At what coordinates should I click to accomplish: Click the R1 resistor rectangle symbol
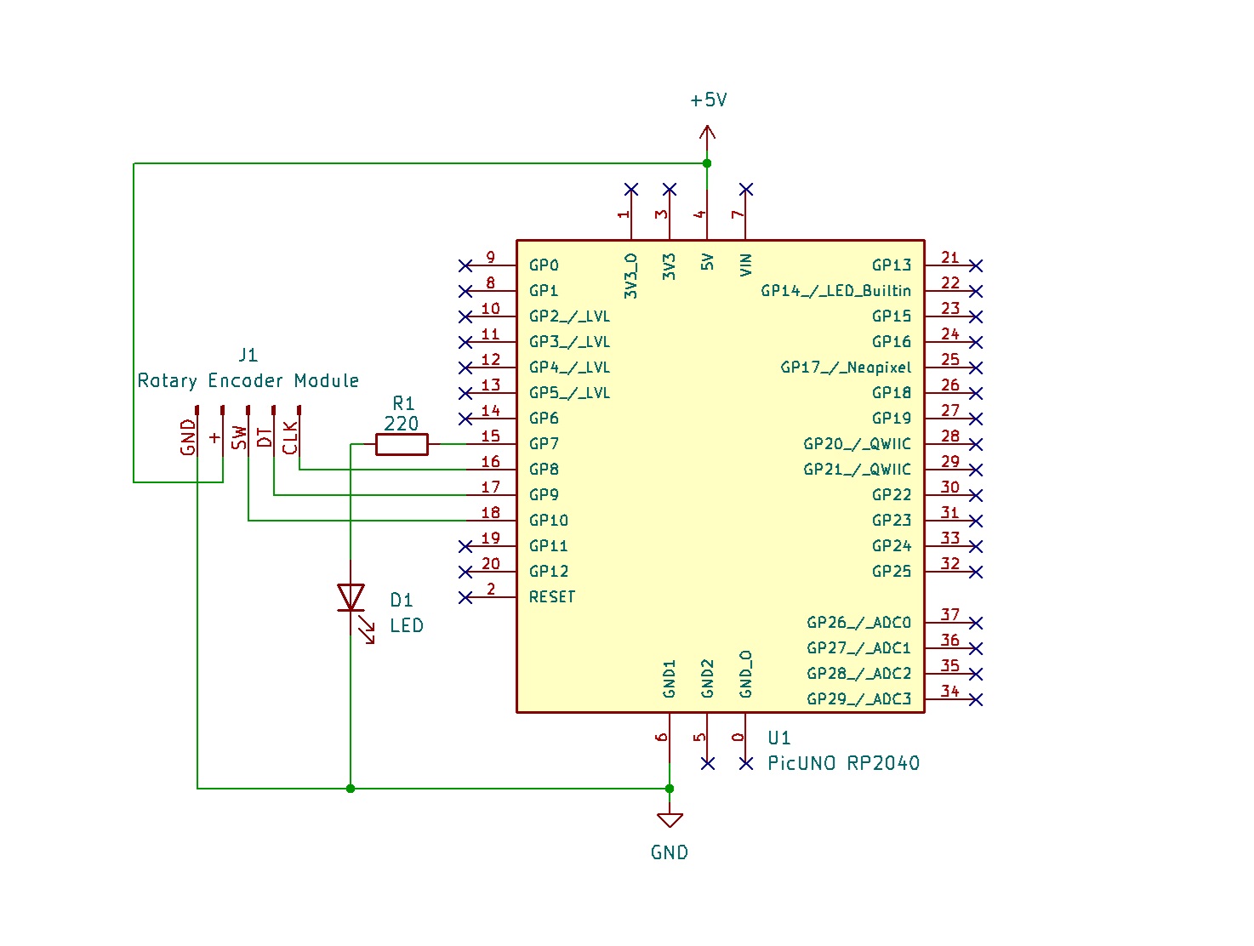[x=402, y=444]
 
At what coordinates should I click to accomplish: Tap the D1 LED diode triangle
[x=351, y=597]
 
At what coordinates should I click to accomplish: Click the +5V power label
[x=708, y=100]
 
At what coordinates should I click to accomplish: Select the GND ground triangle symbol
[x=670, y=820]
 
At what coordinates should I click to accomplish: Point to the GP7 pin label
[x=544, y=444]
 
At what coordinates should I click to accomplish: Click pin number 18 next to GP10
[x=491, y=513]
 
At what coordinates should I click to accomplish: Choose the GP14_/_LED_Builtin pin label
[x=835, y=291]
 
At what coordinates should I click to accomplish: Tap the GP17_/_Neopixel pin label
[x=846, y=368]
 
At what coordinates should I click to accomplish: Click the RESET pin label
[x=552, y=597]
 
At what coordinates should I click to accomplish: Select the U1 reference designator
[x=778, y=738]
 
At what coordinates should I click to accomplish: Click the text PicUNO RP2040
[x=843, y=763]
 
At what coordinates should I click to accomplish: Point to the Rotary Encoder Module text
[x=248, y=380]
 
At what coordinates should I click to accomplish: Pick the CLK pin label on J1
[x=291, y=438]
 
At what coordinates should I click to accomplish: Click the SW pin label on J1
[x=240, y=438]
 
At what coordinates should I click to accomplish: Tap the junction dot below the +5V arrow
[x=707, y=163]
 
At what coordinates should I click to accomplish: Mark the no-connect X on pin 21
[x=976, y=265]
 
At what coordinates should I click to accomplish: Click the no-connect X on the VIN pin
[x=746, y=189]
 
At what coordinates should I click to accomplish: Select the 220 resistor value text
[x=402, y=424]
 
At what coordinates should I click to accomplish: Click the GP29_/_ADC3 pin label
[x=858, y=699]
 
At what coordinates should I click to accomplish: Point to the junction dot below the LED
[x=351, y=789]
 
